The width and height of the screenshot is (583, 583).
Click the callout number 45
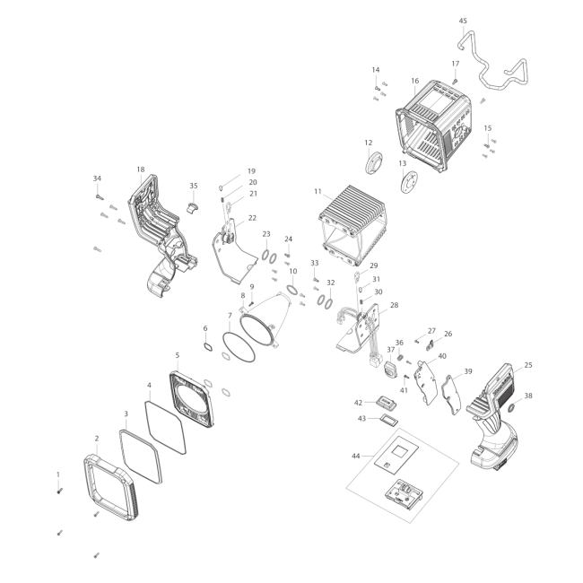click(463, 21)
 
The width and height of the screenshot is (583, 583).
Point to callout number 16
click(415, 81)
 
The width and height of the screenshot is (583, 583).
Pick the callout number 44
click(356, 456)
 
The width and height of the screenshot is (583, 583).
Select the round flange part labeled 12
click(374, 162)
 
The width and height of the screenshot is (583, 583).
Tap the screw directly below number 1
click(59, 492)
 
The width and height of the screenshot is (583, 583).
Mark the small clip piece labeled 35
click(193, 208)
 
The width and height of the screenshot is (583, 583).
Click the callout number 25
click(528, 365)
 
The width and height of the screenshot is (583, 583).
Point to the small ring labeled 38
click(511, 408)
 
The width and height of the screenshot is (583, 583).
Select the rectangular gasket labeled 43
click(389, 421)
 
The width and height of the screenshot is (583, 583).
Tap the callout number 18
click(141, 170)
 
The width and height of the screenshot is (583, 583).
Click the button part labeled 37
click(390, 370)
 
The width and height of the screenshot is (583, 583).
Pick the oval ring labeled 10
click(292, 290)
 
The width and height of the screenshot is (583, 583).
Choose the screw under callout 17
click(455, 81)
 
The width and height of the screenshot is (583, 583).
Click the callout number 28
click(394, 305)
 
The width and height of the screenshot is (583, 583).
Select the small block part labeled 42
click(387, 403)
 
